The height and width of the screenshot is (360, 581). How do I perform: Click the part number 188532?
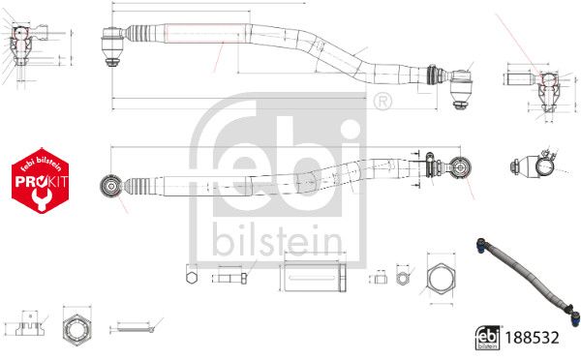click(x=532, y=338)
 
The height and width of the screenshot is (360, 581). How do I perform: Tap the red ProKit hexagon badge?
click(x=41, y=180)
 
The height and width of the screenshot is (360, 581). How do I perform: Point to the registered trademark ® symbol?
click(x=382, y=102)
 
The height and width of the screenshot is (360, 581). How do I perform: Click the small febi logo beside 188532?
click(x=487, y=338)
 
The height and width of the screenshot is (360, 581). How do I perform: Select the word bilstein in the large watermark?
click(x=277, y=240)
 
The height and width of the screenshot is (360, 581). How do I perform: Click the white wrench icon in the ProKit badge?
click(x=42, y=198)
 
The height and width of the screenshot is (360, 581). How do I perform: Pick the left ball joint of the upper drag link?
click(x=112, y=46)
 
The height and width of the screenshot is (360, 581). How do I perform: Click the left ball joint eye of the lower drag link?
click(x=110, y=186)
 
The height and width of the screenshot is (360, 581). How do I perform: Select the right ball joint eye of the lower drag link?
click(x=460, y=167)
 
